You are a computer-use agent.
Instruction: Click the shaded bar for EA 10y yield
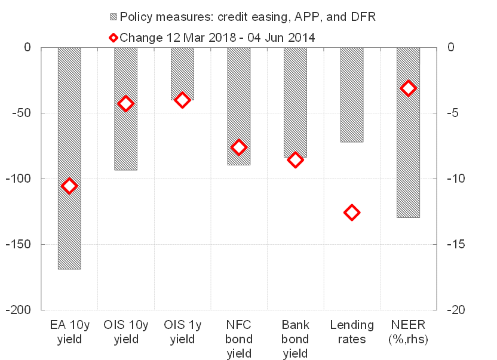(x=69, y=158)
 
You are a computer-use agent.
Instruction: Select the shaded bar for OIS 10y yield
(x=126, y=109)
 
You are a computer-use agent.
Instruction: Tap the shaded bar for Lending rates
(x=352, y=94)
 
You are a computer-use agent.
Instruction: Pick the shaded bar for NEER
(x=409, y=132)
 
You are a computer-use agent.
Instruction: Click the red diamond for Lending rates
(x=352, y=213)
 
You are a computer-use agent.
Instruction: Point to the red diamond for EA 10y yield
(x=69, y=186)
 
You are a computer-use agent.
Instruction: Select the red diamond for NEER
(x=409, y=88)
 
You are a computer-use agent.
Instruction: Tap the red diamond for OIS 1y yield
(x=182, y=100)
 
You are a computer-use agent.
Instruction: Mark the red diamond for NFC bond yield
(x=239, y=147)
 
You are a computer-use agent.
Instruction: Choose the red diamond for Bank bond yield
(x=295, y=159)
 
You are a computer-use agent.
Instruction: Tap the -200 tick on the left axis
(x=23, y=310)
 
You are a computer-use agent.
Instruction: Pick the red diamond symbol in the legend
(x=113, y=37)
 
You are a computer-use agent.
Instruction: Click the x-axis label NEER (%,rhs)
(x=409, y=332)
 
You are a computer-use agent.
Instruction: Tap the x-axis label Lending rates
(x=352, y=332)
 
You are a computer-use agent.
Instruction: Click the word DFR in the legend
(x=360, y=16)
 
